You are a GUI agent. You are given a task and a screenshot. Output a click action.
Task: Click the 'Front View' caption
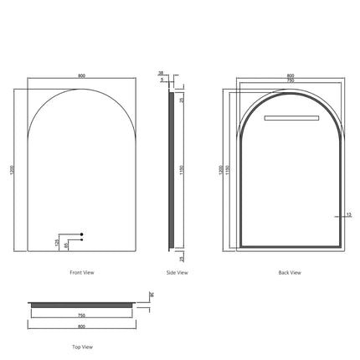(81, 272)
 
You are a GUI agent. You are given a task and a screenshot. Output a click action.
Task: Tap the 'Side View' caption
(177, 272)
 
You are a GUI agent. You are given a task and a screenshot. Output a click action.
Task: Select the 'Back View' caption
(290, 272)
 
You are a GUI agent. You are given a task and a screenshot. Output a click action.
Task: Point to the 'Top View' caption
(81, 346)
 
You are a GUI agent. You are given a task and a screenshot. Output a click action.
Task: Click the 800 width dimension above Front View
(81, 76)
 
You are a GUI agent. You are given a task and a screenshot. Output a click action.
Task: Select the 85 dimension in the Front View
(67, 244)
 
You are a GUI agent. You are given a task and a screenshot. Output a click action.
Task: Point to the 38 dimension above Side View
(161, 74)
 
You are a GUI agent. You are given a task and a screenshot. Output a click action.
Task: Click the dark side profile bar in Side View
(172, 170)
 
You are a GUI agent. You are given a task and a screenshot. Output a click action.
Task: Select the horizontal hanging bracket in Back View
(290, 118)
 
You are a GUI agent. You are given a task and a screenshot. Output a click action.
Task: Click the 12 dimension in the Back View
(348, 214)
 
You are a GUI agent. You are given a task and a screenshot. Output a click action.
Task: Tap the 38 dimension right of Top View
(152, 294)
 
